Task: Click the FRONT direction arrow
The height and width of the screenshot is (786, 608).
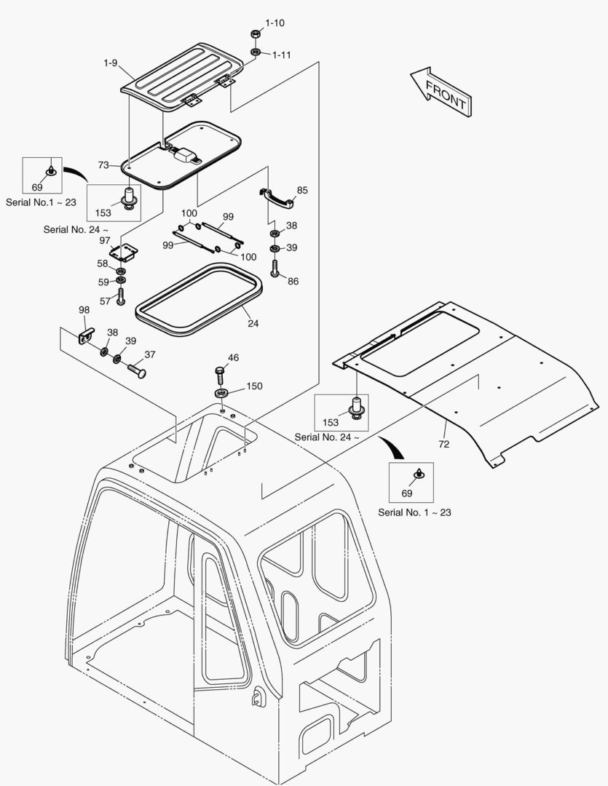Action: click(x=439, y=90)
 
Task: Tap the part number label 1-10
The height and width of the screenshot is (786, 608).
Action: click(x=275, y=23)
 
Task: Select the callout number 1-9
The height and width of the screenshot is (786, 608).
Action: click(x=111, y=63)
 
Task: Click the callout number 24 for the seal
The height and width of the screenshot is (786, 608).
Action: click(x=253, y=324)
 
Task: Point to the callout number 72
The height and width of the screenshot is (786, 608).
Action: click(x=444, y=443)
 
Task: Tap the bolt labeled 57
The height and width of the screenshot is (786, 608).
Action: click(x=121, y=298)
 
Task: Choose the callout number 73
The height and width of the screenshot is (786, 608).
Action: click(x=103, y=165)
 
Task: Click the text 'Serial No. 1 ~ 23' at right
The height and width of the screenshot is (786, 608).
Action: click(x=414, y=512)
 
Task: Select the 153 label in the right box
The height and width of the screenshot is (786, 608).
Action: click(x=330, y=422)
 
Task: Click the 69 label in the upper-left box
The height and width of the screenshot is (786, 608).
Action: click(x=37, y=187)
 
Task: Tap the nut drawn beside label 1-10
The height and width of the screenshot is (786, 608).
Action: click(x=256, y=34)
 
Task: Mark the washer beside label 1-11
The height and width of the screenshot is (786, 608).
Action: click(x=256, y=52)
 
